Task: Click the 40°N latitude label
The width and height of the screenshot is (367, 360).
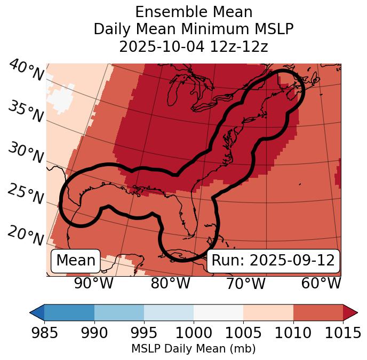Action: coord(26,71)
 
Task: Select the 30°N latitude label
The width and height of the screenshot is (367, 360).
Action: coord(26,153)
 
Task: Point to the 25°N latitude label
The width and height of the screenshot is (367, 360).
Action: coord(26,194)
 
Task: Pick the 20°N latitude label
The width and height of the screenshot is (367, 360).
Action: coord(26,235)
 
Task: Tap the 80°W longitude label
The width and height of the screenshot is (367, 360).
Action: coord(170,283)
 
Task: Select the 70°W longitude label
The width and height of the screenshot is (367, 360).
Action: coord(245,283)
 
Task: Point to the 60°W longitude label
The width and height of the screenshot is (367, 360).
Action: coord(321,283)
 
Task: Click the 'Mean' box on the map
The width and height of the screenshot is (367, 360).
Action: coord(76,261)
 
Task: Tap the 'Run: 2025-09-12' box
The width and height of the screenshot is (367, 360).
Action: coord(273,261)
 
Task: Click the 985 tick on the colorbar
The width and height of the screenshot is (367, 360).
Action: coord(44,333)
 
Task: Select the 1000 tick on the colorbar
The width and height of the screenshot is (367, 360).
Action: coord(194,333)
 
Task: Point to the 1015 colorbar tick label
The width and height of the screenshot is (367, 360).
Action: coord(343,333)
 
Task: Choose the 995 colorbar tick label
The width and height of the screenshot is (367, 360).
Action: coord(144,333)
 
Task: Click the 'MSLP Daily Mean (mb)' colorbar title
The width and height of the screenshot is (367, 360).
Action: coord(193,349)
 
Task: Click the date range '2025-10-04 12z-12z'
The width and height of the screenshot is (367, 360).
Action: coord(194,46)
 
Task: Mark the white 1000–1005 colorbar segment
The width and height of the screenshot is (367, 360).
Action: coord(218,312)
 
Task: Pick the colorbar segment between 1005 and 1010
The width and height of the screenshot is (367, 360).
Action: coord(268,312)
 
